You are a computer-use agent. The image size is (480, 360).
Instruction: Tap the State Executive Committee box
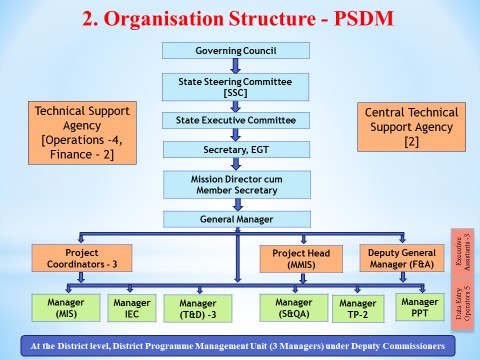(237, 120)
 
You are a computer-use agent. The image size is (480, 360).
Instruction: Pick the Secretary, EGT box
(237, 150)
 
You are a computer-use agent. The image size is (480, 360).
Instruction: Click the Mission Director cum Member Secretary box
(237, 185)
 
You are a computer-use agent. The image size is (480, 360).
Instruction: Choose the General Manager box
(237, 219)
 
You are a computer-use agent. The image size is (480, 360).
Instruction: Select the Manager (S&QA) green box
(294, 307)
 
